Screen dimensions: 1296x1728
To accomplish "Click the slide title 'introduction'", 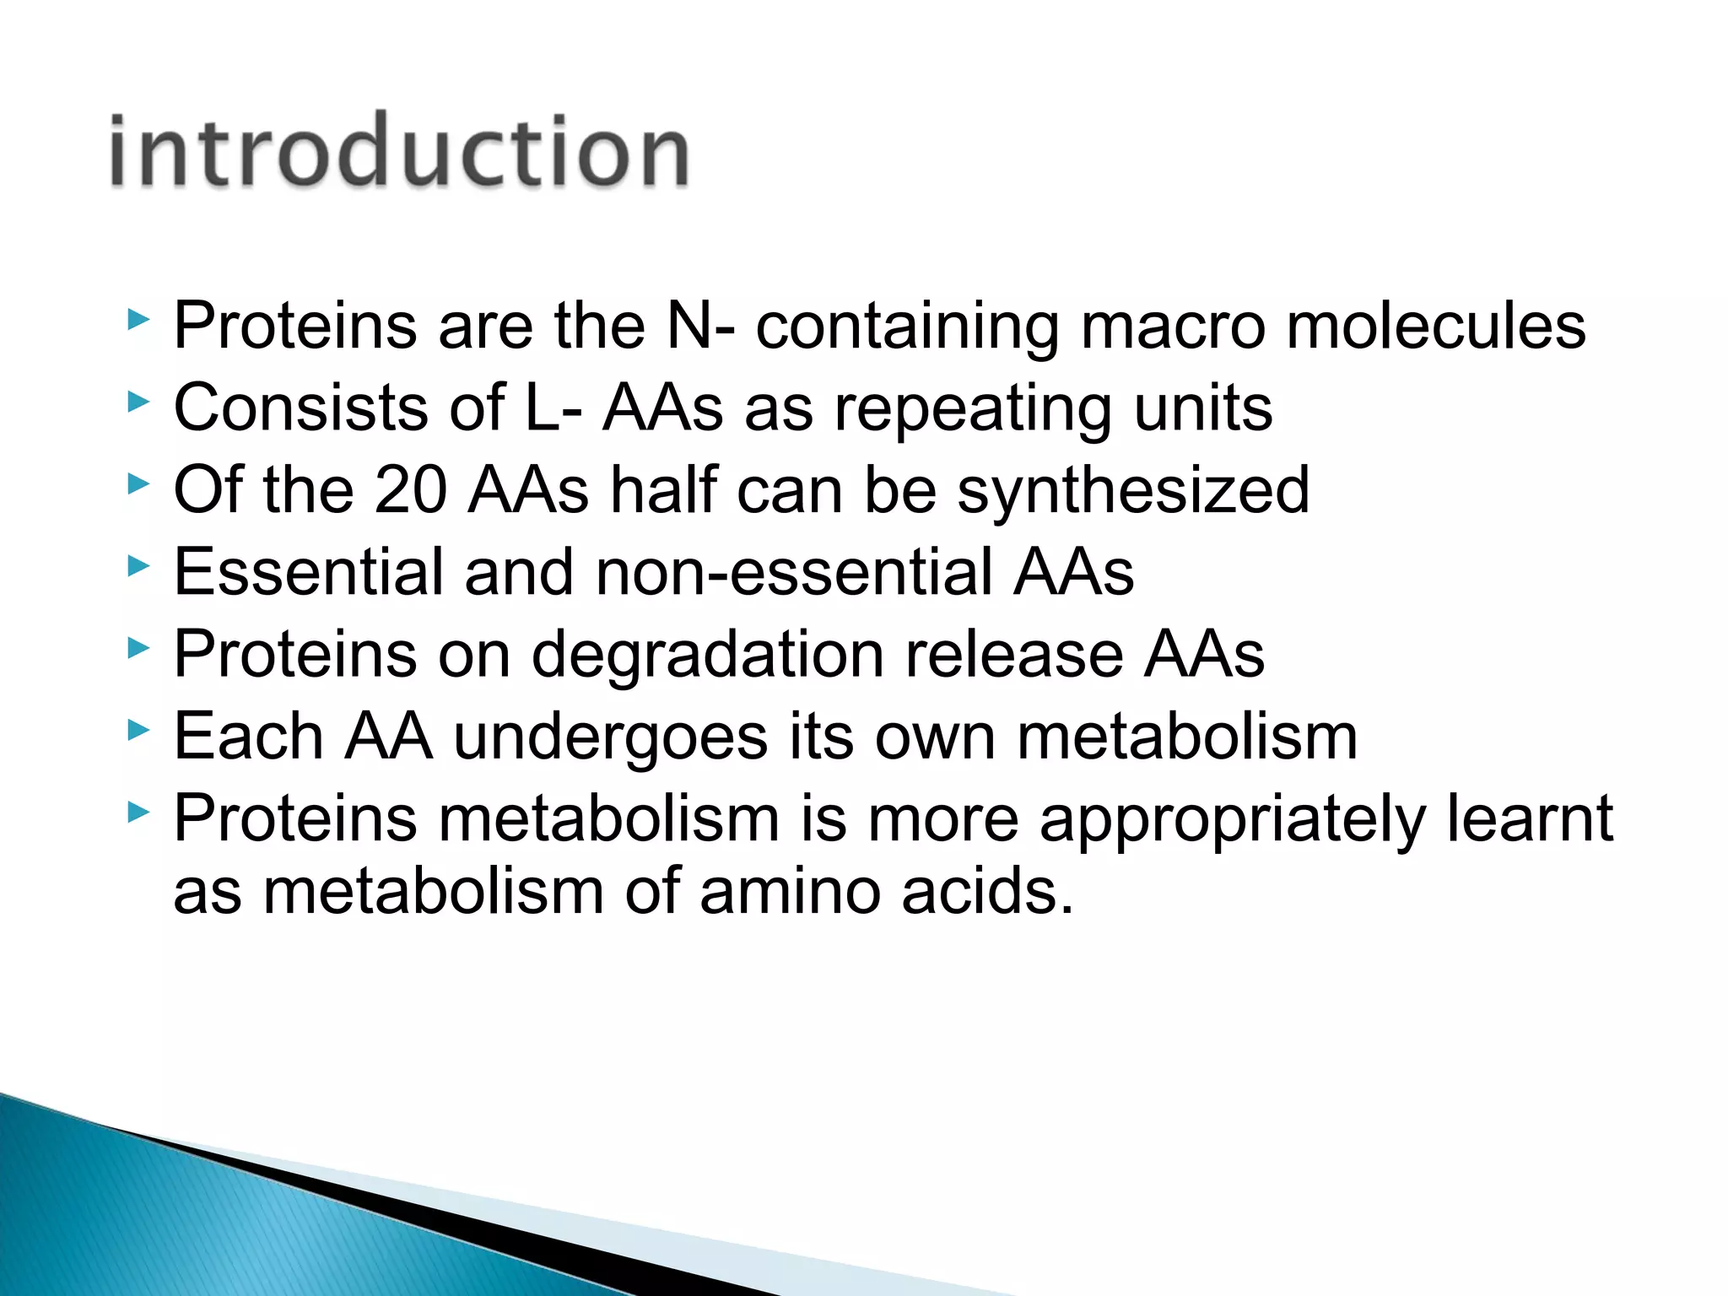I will click(399, 152).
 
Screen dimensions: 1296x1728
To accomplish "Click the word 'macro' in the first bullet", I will click(1173, 327).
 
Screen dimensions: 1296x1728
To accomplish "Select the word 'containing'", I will click(907, 327).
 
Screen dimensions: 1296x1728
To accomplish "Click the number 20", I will click(410, 490).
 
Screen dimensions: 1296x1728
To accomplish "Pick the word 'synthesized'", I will click(1132, 491).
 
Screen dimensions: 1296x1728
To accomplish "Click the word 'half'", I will click(664, 490).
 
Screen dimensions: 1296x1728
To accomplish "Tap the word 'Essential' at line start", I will click(308, 572).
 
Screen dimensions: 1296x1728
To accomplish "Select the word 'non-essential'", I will click(794, 572).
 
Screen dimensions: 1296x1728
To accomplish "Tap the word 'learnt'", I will click(1529, 818).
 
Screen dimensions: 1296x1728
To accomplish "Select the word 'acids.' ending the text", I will click(987, 892).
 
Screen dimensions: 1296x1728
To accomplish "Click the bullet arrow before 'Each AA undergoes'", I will click(138, 731).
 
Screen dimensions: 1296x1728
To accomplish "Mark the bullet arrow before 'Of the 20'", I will click(138, 484).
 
